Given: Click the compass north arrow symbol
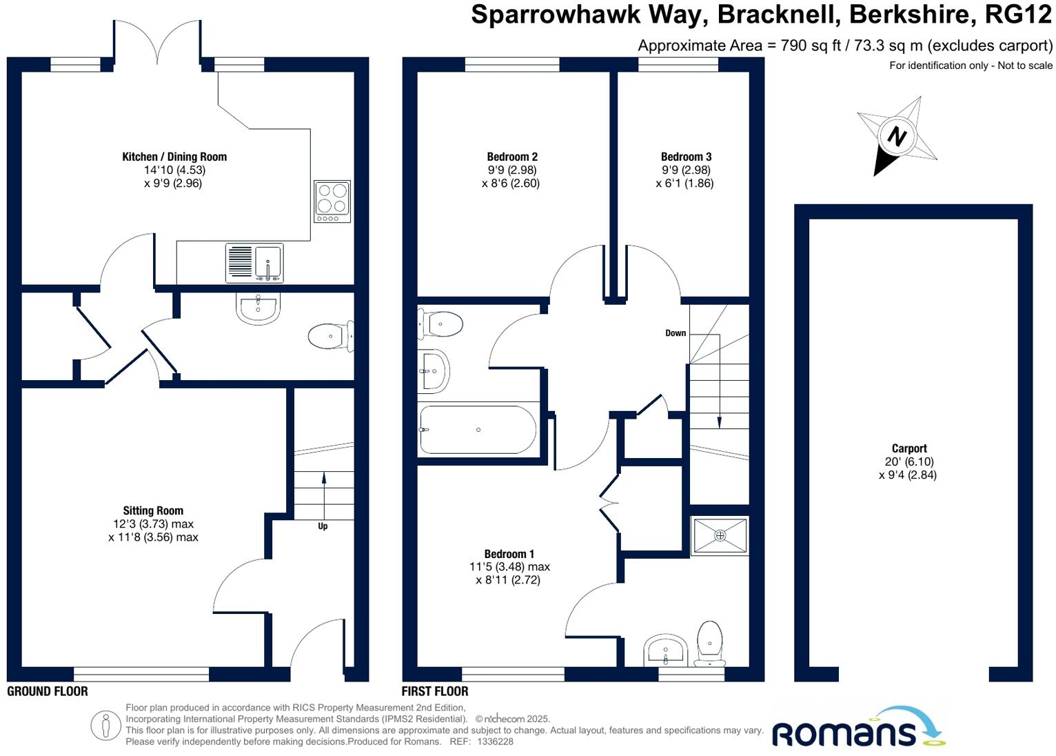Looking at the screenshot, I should point(896,136).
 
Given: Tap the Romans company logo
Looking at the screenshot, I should point(857,730).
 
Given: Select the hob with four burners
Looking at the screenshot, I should point(332,201).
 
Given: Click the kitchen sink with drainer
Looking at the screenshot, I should point(254,263).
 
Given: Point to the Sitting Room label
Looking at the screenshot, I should point(153,510).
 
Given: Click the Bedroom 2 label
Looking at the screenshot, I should point(511,157).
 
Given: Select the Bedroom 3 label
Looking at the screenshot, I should point(685,157).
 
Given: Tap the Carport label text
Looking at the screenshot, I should point(908,448).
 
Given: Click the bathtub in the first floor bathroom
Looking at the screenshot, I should point(477,430).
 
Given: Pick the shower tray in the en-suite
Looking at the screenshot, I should point(720,535).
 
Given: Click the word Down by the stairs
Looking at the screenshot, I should point(675,333).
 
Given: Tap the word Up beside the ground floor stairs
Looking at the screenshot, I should point(323,526).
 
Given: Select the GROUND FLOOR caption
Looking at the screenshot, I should point(48,691).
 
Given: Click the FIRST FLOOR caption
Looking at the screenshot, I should point(435,691).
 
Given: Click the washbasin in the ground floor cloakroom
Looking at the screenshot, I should point(258,307).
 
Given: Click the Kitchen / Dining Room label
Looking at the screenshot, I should point(174,157).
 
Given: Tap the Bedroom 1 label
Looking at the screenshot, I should point(509,554).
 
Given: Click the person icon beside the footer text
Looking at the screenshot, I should point(105,725).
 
